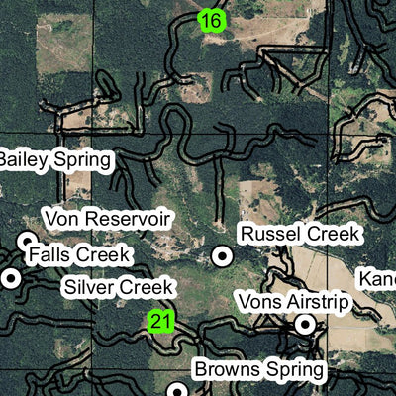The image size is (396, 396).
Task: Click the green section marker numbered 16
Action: [211, 20]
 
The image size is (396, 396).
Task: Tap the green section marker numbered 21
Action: [161, 322]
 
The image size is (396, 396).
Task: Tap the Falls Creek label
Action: [79, 254]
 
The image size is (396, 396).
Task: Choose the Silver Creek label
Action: [118, 288]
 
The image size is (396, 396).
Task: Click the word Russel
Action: [271, 234]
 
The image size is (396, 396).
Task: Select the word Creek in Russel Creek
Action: [335, 234]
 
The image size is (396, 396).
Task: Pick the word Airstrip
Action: [316, 299]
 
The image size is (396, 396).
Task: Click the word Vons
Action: [256, 299]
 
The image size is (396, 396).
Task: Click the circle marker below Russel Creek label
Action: [224, 255]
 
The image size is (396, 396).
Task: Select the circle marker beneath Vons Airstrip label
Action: [307, 323]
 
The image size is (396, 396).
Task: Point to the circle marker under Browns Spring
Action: [177, 390]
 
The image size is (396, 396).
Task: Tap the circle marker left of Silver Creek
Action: [11, 278]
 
